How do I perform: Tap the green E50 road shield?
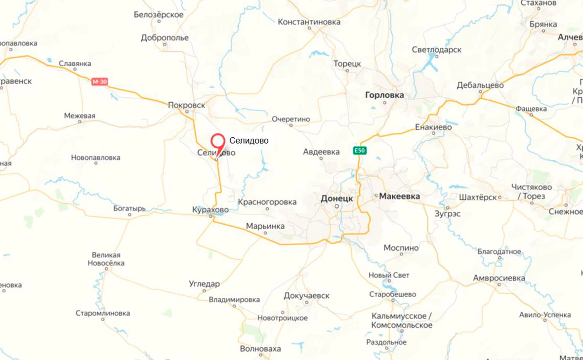pyautogui.click(x=360, y=151)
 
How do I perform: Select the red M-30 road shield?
pyautogui.click(x=99, y=82)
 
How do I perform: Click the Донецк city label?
pyautogui.click(x=336, y=198)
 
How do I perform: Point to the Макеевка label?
pyautogui.click(x=400, y=197)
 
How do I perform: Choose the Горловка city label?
pyautogui.click(x=384, y=95)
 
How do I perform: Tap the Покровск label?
pyautogui.click(x=186, y=105)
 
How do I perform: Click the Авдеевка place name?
pyautogui.click(x=321, y=152)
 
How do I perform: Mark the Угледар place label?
pyautogui.click(x=204, y=284)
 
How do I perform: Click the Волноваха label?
pyautogui.click(x=260, y=349)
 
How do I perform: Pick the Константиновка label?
pyautogui.click(x=309, y=22)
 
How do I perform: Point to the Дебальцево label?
pyautogui.click(x=480, y=85)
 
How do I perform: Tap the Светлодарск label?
pyautogui.click(x=437, y=50)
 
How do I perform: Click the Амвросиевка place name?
pyautogui.click(x=499, y=278)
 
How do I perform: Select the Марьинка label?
pyautogui.click(x=265, y=226)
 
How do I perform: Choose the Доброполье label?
pyautogui.click(x=165, y=38)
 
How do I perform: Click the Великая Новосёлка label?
pyautogui.click(x=106, y=259)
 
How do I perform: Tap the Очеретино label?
pyautogui.click(x=291, y=119)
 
